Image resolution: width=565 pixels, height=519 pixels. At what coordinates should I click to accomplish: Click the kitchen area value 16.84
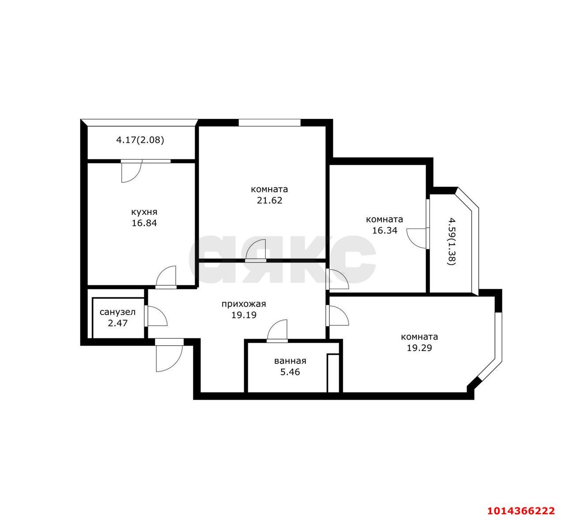point(144,223)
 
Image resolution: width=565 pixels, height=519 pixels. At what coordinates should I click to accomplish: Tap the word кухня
point(144,212)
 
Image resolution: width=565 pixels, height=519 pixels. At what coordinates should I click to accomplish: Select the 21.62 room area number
point(269,200)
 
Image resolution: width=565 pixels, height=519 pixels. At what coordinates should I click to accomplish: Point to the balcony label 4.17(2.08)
point(140,140)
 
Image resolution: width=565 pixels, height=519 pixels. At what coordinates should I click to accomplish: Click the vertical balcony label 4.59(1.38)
point(452,241)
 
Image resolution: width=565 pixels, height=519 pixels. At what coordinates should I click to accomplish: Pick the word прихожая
point(244,304)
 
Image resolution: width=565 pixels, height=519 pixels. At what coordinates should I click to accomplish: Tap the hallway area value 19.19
point(244,315)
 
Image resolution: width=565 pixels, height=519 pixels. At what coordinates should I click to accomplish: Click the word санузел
point(118,312)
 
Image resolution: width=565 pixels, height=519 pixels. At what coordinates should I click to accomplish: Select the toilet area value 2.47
point(118,323)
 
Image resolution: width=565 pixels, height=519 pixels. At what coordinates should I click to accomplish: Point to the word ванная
point(290,361)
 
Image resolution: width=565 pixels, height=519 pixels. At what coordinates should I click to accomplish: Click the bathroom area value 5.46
point(290,372)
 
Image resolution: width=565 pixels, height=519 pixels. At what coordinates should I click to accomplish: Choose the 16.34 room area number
point(385,231)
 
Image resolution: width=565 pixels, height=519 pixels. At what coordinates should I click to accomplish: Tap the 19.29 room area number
point(419,348)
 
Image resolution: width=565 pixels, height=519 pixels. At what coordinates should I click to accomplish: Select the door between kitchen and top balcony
point(131,172)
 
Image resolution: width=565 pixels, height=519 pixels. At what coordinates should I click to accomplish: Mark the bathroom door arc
point(277,330)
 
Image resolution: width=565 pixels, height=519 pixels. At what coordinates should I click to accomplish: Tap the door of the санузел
point(157,317)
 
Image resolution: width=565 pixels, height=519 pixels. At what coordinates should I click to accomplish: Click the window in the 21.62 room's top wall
point(270,122)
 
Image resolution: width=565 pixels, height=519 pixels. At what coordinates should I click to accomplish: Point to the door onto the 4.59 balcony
point(418,238)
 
